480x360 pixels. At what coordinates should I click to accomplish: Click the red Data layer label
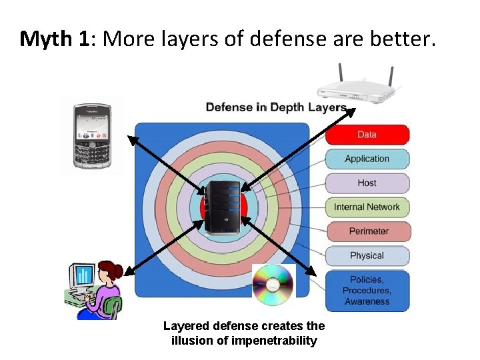click(367, 135)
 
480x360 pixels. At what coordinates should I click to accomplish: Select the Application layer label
click(367, 159)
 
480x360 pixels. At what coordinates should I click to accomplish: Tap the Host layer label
click(367, 183)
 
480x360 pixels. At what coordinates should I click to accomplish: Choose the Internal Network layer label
click(367, 207)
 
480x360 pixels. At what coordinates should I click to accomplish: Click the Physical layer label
click(367, 255)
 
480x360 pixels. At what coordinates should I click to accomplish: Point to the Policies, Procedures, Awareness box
click(367, 291)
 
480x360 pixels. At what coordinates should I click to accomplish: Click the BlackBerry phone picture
click(92, 135)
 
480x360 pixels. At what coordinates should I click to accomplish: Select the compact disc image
click(273, 285)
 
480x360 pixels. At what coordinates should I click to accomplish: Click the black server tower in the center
click(223, 207)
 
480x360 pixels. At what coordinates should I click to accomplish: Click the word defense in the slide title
click(291, 39)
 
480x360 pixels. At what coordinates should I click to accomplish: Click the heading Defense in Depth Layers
click(276, 107)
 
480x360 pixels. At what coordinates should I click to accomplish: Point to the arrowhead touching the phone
click(131, 139)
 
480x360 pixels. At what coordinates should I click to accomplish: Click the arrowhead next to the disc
click(311, 271)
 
